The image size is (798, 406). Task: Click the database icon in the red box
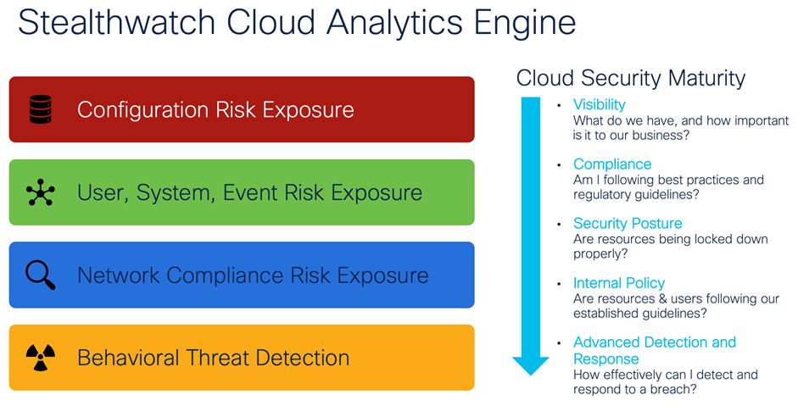pos(40,109)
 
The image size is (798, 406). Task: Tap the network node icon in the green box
pos(40,192)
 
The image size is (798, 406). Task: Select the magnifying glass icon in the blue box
pos(40,275)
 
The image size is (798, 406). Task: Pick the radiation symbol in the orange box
pos(40,358)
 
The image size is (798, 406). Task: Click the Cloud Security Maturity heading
pos(630,79)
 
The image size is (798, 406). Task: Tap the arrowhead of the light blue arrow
pos(531,364)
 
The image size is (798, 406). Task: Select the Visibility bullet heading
pos(599,104)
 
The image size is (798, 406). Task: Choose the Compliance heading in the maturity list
pos(612,164)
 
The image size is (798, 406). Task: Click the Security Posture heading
pos(628,224)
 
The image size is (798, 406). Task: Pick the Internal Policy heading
pos(619,283)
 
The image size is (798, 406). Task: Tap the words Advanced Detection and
pos(655,342)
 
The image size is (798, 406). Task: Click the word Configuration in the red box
pos(142,109)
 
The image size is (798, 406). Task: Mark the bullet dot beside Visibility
pos(558,106)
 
